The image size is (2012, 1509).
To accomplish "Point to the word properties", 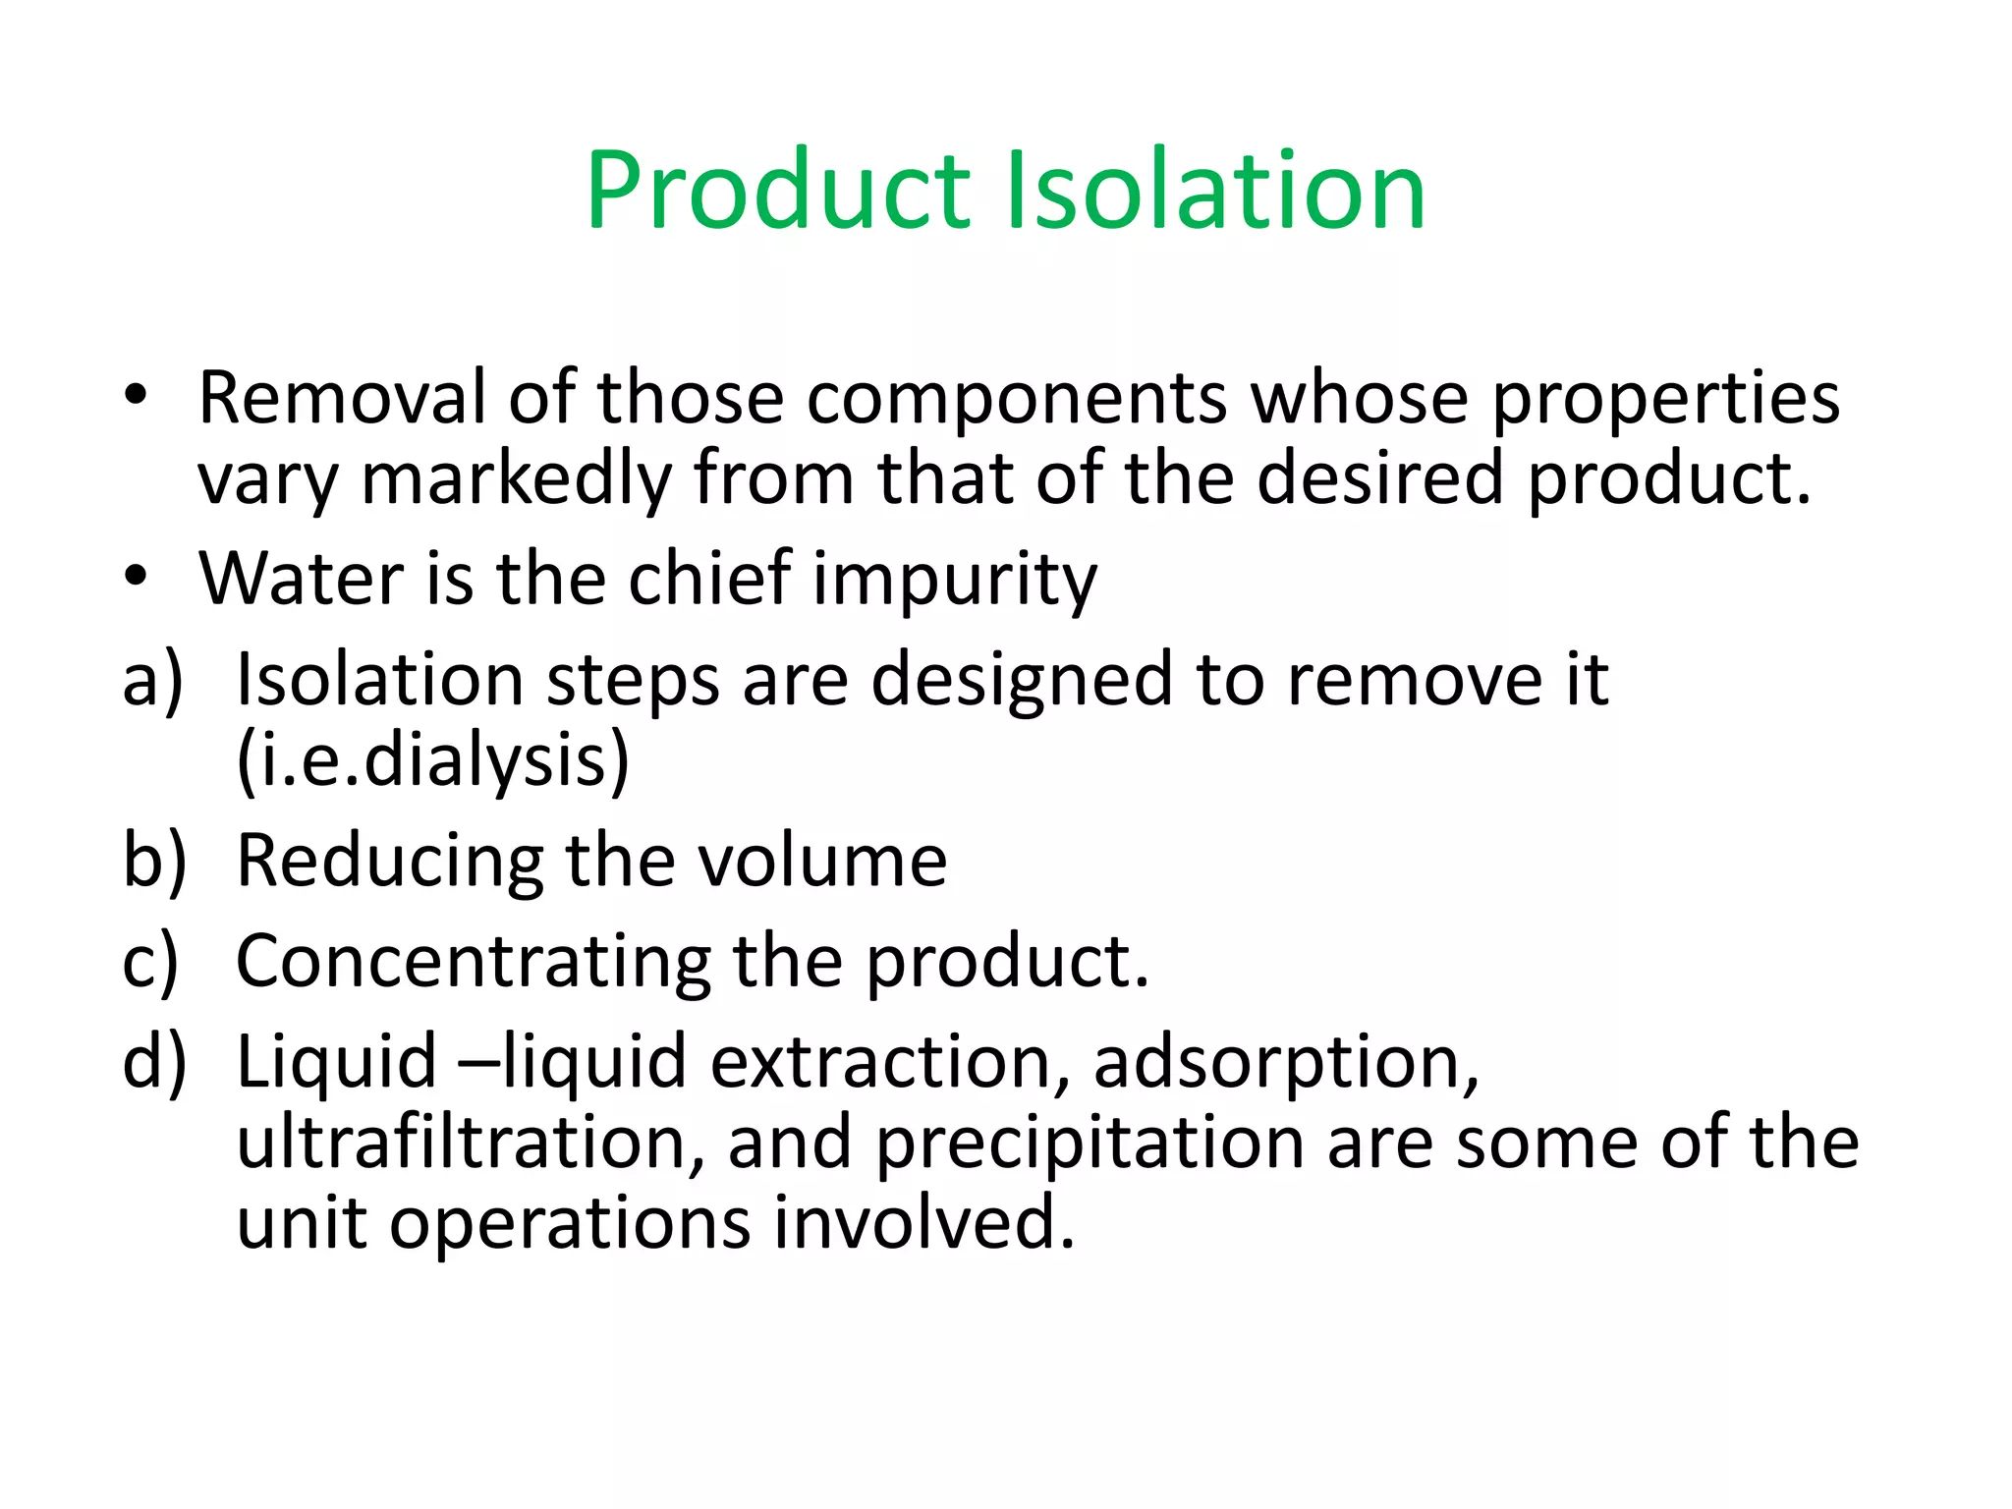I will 1665,400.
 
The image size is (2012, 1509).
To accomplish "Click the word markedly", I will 516,480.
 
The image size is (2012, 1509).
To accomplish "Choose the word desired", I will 1379,478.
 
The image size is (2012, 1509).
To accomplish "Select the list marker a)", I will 153,680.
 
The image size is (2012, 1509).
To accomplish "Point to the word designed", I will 1022,680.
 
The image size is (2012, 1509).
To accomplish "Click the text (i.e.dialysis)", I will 433,760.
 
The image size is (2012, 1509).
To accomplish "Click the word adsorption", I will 1286,1064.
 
